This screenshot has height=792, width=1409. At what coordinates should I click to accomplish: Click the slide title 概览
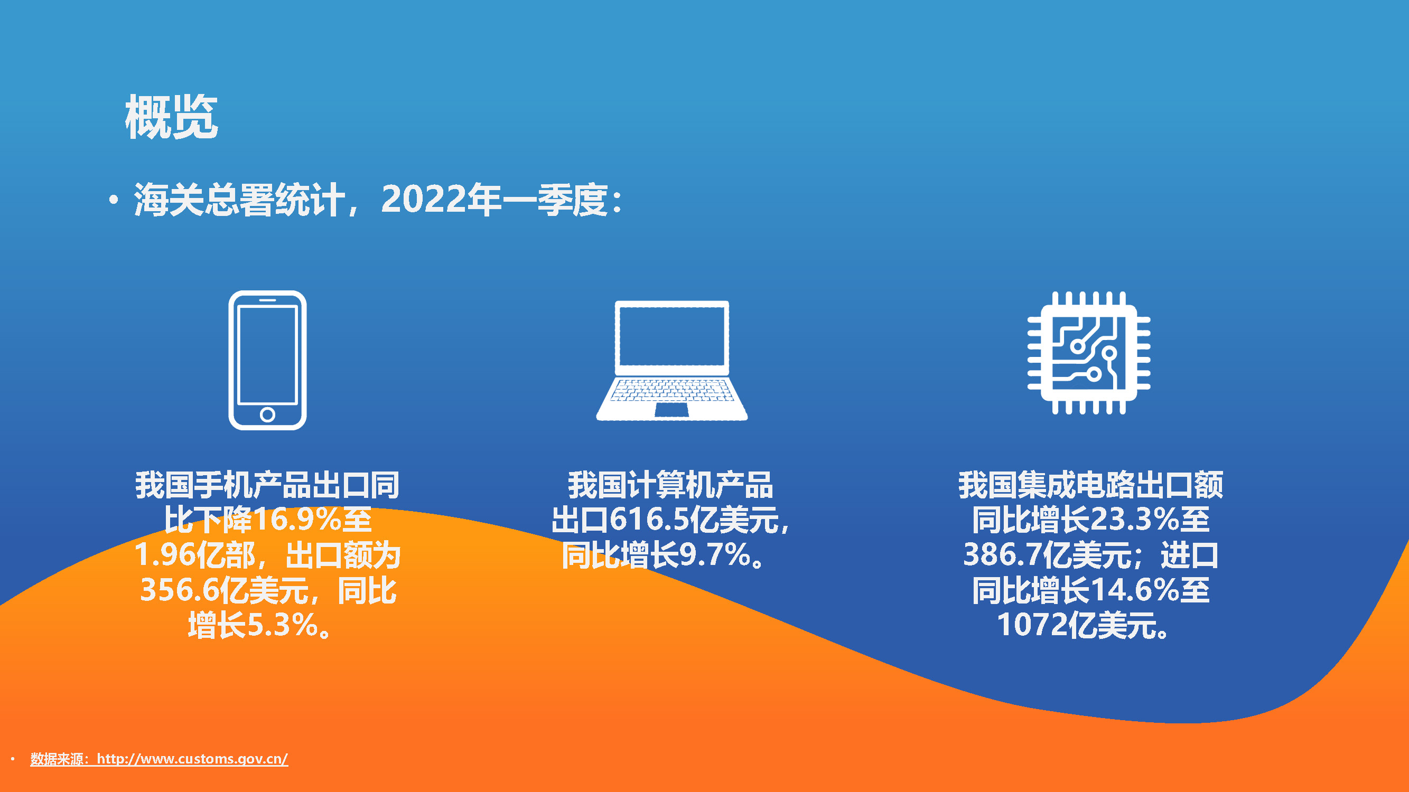coord(171,116)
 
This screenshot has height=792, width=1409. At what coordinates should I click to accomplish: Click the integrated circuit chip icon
coord(1088,353)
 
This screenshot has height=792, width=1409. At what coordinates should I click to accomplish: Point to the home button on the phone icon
coord(267,414)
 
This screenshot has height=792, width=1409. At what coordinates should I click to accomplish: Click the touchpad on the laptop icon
coord(671,410)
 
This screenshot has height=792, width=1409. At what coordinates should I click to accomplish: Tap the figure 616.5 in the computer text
coord(649,519)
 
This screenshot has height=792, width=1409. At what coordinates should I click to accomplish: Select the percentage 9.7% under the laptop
coord(714,555)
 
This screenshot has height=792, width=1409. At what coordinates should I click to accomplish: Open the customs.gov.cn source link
coord(192,759)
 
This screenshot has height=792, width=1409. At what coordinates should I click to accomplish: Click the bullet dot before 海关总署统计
coord(113,200)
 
